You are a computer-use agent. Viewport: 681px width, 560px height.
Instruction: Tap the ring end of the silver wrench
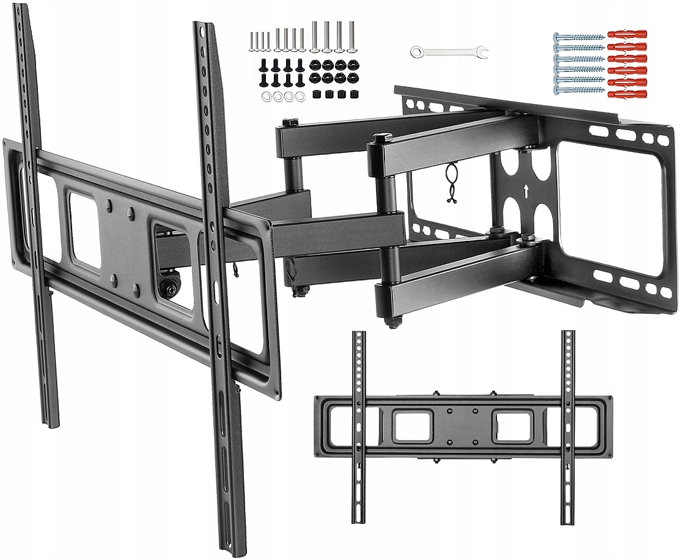416,51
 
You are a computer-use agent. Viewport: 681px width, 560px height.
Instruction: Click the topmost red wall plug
627,35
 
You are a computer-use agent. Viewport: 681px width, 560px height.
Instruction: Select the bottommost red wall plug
627,94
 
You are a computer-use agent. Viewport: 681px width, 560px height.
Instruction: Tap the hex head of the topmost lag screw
558,37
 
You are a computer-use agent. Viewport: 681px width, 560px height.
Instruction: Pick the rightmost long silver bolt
352,36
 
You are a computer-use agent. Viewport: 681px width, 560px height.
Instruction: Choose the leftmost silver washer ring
267,97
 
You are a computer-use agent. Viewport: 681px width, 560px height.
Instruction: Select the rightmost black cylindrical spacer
353,95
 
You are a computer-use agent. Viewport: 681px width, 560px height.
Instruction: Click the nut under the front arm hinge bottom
392,320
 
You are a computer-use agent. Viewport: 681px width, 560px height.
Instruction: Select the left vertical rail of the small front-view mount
359,427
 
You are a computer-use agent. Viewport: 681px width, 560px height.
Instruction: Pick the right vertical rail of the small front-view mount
568,427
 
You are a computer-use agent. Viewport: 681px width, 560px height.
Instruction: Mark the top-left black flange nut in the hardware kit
315,64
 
